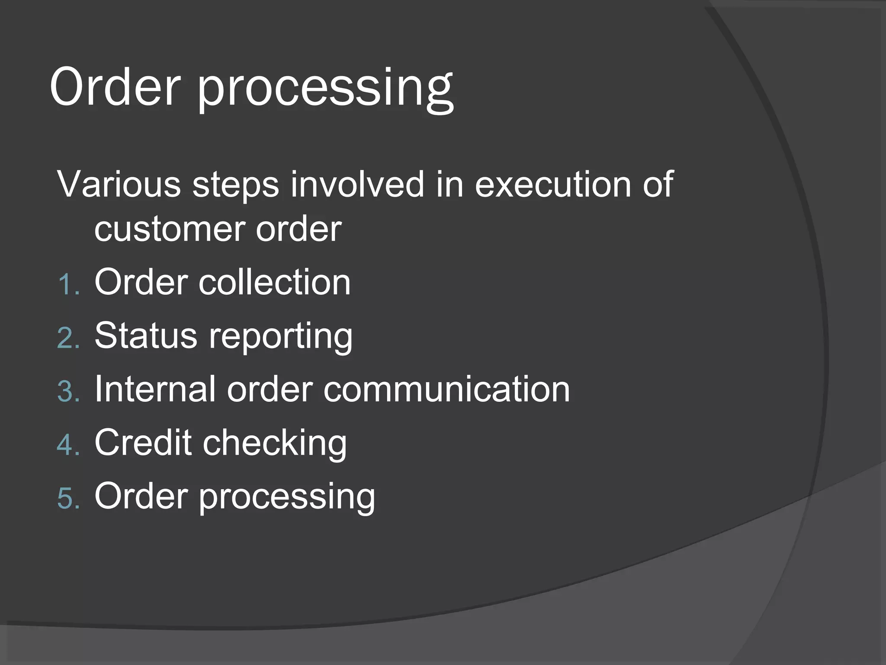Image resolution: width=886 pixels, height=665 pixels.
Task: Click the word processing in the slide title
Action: [x=325, y=89]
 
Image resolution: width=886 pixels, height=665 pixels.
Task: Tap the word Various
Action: [x=119, y=184]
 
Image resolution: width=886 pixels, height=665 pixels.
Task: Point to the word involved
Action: [x=357, y=184]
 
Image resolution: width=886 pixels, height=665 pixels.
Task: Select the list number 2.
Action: [x=67, y=338]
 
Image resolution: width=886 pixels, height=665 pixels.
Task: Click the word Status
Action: [x=146, y=336]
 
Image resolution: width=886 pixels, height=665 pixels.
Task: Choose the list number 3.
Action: [x=67, y=392]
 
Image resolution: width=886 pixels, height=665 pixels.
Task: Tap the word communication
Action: [x=446, y=389]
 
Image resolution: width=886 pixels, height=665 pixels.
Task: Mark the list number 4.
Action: [x=67, y=445]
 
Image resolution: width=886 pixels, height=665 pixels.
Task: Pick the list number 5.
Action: [x=67, y=499]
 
